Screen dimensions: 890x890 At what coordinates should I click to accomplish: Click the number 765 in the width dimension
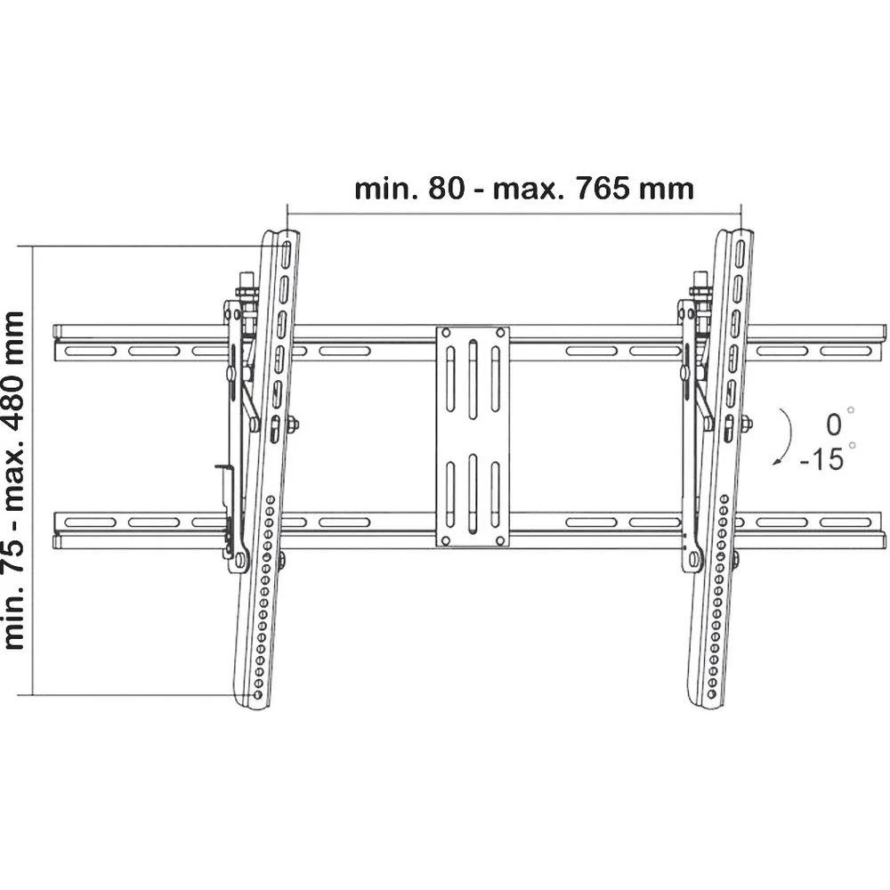click(603, 189)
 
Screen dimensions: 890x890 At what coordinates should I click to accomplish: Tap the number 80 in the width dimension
click(446, 189)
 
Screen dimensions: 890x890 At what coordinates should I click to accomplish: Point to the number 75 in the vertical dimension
click(15, 554)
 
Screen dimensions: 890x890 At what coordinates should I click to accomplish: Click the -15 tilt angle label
click(822, 458)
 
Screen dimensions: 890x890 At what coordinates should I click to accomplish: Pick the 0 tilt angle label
click(833, 425)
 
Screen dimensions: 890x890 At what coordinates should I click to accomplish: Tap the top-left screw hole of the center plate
click(446, 333)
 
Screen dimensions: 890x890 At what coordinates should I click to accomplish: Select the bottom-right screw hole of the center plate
click(500, 540)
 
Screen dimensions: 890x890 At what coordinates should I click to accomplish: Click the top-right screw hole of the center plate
click(500, 333)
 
